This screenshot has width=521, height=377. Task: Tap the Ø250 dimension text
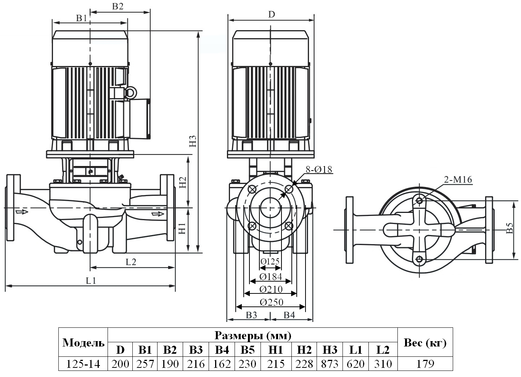point(271,302)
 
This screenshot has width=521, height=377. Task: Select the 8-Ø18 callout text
point(319,169)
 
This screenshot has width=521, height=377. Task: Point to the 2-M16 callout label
point(458,180)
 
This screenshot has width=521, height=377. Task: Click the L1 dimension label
point(90,280)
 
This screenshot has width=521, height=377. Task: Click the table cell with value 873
point(330,364)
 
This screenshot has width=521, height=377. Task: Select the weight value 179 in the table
point(425,364)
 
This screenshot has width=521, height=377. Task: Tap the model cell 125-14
point(83,364)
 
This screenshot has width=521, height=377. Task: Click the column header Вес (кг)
point(425,343)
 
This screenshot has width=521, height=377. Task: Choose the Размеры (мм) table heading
point(252,335)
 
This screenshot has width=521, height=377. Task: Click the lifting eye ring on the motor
point(130,92)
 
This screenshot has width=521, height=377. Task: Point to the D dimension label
point(271,14)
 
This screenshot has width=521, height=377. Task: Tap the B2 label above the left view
point(117,6)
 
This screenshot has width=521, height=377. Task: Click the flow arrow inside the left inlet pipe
point(22,211)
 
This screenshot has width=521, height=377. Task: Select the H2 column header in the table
point(304,350)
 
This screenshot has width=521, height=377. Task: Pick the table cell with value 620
point(355,364)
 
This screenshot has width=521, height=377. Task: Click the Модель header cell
point(83,343)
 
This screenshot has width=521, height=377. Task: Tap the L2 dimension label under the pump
point(131,261)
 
